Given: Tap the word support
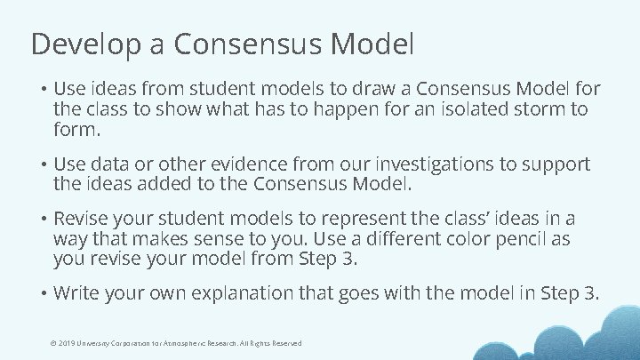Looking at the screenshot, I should (556, 165).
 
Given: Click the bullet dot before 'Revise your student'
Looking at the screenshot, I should (42, 220).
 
